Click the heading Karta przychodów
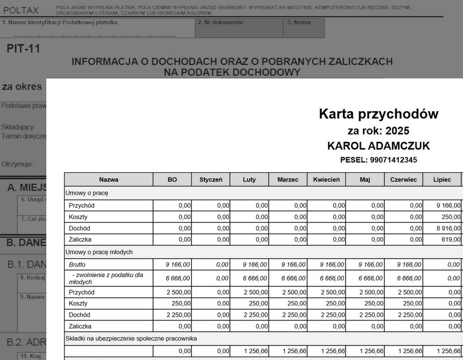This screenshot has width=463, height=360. click(379, 114)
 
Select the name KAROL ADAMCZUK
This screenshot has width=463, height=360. click(379, 146)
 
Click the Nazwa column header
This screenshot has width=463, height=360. click(109, 179)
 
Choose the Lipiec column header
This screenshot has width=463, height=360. click(442, 179)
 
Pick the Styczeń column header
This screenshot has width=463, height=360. click(211, 179)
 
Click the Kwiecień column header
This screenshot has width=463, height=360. click(327, 179)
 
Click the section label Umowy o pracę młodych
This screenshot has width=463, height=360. click(99, 252)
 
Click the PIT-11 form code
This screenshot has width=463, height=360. click(23, 49)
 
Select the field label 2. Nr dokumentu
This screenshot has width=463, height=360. click(220, 23)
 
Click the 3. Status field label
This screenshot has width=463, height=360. click(299, 23)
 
